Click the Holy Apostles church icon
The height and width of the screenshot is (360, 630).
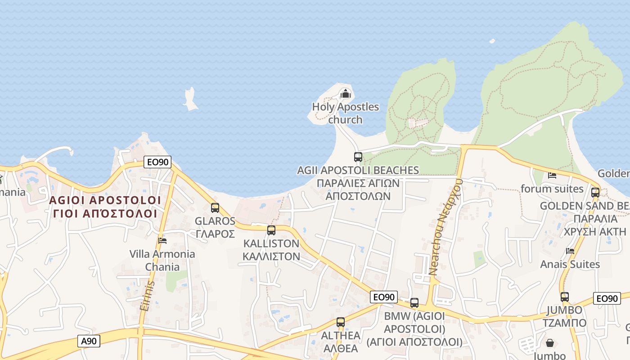point(345,94)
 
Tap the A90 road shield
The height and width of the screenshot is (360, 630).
point(89,341)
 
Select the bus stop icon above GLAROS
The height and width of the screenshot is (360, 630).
point(215,208)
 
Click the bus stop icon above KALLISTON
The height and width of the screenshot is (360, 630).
point(271,230)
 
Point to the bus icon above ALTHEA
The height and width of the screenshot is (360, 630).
point(341,322)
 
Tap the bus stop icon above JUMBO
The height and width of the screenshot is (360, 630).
point(565,297)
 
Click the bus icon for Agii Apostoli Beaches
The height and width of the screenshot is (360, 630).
point(358,157)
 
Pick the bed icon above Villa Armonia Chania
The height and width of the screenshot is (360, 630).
point(162,241)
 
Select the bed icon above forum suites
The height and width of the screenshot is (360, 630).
point(552,175)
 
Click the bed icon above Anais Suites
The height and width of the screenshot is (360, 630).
point(570,251)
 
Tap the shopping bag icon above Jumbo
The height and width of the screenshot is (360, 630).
point(550,343)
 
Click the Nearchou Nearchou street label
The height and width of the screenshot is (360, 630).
point(445,226)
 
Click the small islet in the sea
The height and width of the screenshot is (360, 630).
point(190,100)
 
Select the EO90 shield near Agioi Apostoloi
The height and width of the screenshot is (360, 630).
point(157,162)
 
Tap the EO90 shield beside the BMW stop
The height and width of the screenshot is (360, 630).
point(384,297)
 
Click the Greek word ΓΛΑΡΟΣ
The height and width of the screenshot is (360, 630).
point(215,234)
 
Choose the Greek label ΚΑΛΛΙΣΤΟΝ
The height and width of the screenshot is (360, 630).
point(271,256)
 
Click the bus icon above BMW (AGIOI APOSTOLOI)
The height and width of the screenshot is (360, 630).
point(414,303)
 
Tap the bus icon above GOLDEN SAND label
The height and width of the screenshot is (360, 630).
point(595,193)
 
